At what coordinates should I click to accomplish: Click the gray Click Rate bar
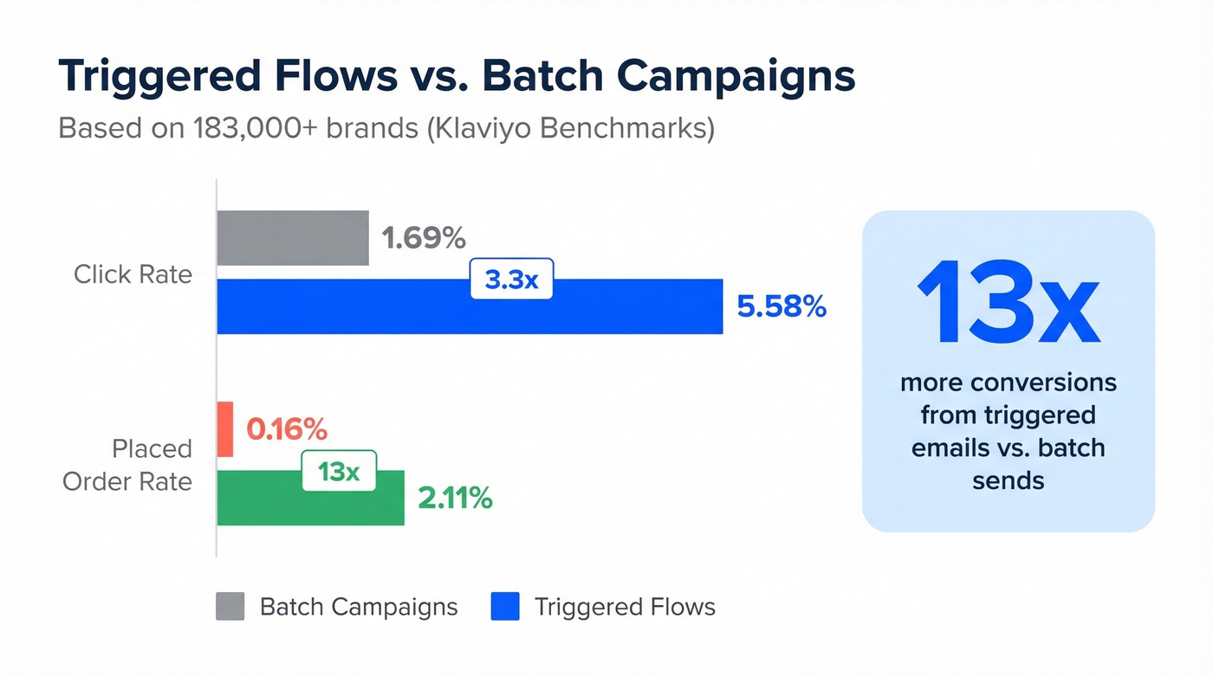click(x=292, y=238)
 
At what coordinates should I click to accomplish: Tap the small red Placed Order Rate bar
click(x=224, y=429)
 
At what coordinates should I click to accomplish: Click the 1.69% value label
click(x=424, y=238)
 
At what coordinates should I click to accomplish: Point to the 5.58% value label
click(x=782, y=306)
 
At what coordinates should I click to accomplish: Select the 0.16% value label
click(x=287, y=428)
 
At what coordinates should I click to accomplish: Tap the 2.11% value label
click(x=455, y=498)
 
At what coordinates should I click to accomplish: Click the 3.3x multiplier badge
click(x=510, y=280)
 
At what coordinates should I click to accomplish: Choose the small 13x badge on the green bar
click(x=339, y=471)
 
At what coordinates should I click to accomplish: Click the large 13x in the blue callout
click(x=1008, y=303)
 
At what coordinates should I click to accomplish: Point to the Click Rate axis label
click(x=133, y=274)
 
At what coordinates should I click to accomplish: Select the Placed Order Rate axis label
click(x=127, y=465)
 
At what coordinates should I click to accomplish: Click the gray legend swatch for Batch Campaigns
click(x=230, y=607)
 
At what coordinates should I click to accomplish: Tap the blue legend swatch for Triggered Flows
click(x=504, y=607)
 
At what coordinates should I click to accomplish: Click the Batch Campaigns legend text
click(x=359, y=607)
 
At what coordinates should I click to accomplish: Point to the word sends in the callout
click(x=1008, y=480)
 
